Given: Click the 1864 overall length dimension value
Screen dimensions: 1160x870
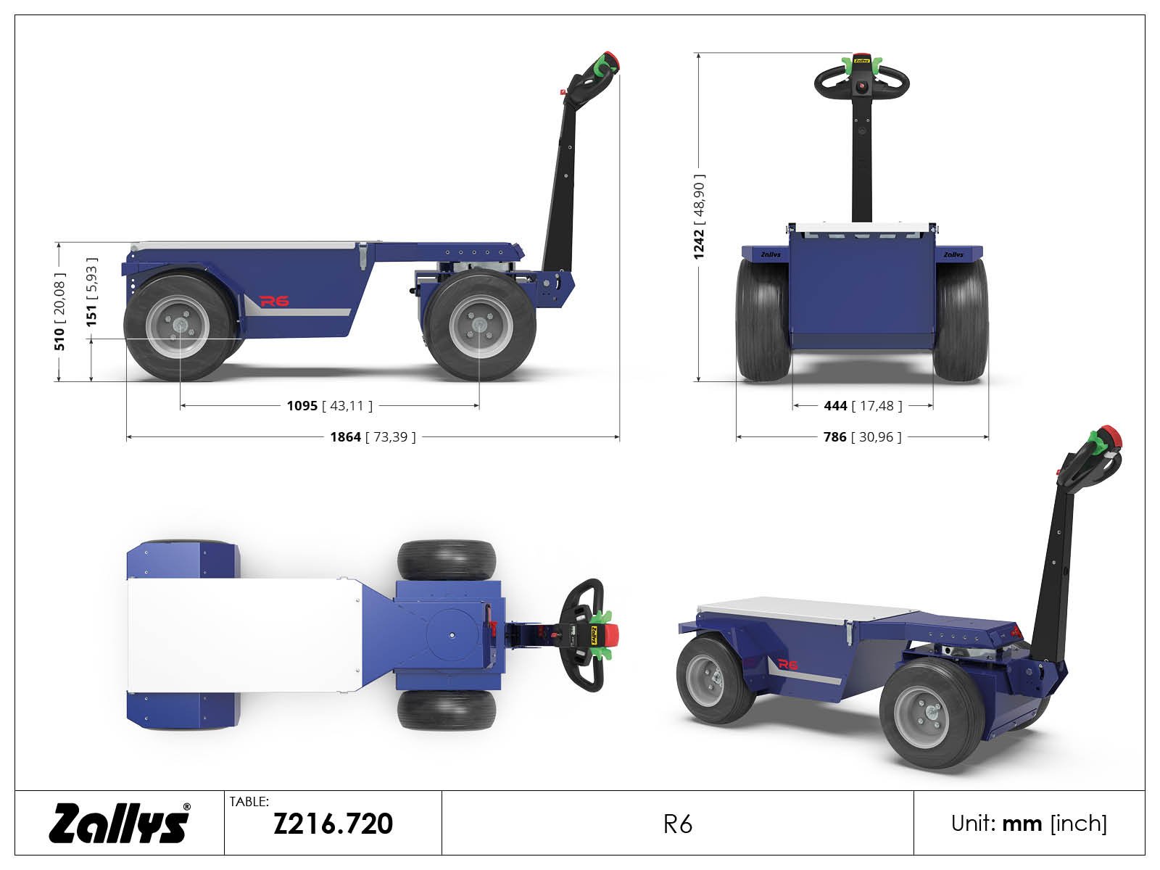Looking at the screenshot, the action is click(346, 437).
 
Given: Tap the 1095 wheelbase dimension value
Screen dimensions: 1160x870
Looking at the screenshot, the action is click(302, 406).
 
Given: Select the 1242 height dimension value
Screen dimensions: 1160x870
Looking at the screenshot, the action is click(699, 244).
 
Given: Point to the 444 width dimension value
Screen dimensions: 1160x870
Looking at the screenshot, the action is click(835, 406).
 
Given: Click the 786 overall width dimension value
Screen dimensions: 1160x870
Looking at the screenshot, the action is click(835, 437).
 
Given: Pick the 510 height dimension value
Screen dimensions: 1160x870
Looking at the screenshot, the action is click(59, 339).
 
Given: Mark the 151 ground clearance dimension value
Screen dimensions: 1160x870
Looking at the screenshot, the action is click(91, 315).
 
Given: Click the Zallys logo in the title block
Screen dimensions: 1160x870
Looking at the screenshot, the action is click(120, 822).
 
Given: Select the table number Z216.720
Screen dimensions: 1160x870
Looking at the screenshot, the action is click(333, 824).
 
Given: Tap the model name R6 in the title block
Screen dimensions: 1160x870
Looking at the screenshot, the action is click(677, 824).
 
